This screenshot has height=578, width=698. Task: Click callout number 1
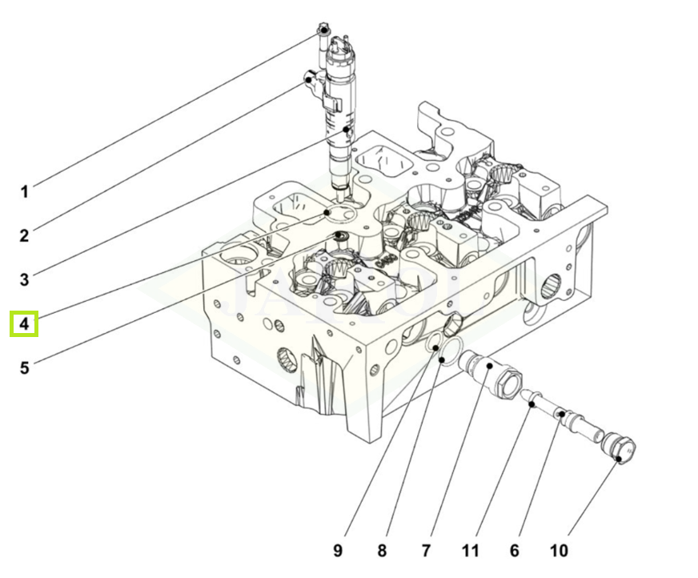tap(25, 192)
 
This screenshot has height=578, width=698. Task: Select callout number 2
tap(25, 235)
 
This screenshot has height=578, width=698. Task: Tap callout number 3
tap(25, 279)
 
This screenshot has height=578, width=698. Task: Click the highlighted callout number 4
tap(24, 323)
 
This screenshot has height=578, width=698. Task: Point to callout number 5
tap(25, 367)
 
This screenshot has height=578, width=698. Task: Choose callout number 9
tap(339, 551)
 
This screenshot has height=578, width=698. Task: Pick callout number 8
tap(382, 551)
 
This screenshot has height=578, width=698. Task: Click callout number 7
tap(426, 551)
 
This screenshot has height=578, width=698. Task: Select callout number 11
tap(471, 551)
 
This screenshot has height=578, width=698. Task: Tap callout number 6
tap(515, 551)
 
